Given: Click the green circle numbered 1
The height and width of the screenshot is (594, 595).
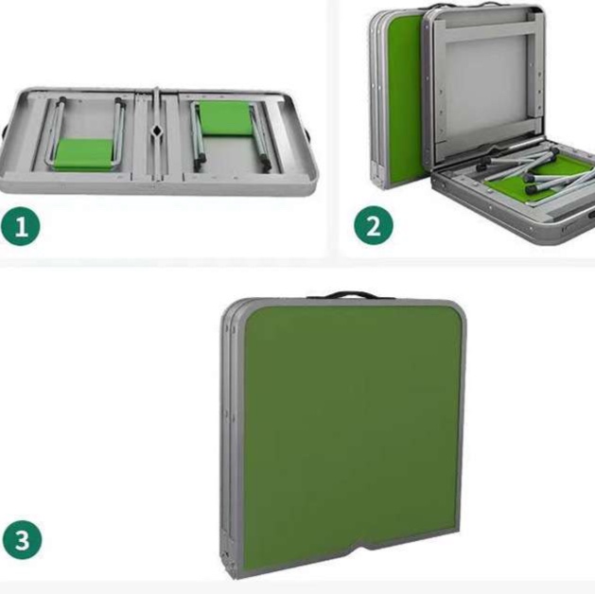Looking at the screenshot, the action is tap(21, 226).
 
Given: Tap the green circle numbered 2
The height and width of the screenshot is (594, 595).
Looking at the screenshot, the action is tap(374, 226).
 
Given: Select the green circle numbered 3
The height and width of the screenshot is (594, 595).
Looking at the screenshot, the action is tap(22, 539).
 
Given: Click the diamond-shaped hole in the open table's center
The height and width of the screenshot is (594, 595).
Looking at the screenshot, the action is tap(156, 131).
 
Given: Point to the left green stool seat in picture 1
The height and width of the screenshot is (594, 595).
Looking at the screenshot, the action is tap(84, 154).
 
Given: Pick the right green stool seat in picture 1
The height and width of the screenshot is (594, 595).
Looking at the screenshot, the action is tap(225, 117).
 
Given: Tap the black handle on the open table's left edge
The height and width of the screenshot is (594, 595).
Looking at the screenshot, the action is tap(4, 131).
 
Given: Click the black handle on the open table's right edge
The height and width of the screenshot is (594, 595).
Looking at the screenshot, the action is tap(307, 133).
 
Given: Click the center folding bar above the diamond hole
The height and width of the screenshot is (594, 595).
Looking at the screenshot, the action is tap(156, 106).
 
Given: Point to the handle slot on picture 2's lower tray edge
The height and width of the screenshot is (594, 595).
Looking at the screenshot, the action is tap(590, 215).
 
